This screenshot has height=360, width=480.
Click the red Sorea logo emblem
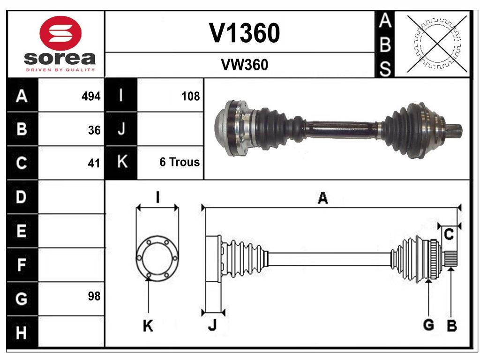pos(61,33)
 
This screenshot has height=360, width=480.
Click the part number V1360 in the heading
pos(244,33)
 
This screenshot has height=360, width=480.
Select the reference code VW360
pos(244,65)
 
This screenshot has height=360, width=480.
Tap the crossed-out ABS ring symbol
pos(437,44)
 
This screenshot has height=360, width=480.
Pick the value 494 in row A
pos(90,97)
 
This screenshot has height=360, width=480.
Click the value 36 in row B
pos(94,130)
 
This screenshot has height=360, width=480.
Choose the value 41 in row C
pos(94,164)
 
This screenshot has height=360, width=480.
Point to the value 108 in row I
pos(190,97)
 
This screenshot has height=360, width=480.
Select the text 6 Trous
pos(180,162)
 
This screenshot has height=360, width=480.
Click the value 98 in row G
pos(94,296)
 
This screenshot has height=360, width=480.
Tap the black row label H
pos(22,333)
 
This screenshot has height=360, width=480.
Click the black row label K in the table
pos(121,162)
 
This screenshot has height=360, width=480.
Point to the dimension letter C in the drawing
pos(449,235)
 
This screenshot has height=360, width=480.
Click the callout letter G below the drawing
pos(428,324)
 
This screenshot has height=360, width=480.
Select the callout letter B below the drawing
pos(451,326)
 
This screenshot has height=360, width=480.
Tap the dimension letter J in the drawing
pos(212,325)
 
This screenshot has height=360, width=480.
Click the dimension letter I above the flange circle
pos(157,197)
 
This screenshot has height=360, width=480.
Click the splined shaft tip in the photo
pos(456,131)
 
